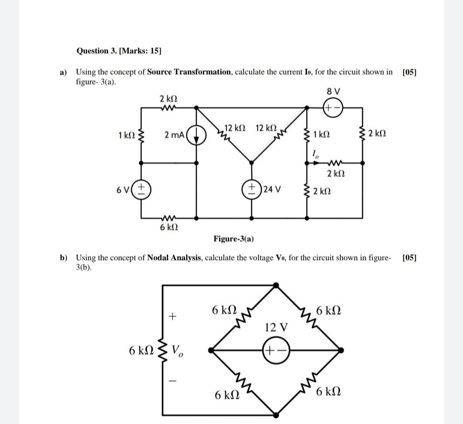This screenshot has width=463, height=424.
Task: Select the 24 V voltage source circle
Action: (x=251, y=189)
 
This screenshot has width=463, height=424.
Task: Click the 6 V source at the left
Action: (x=143, y=189)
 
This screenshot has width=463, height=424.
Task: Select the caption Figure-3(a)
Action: (x=233, y=239)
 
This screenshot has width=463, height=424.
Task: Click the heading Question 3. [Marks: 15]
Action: (x=119, y=51)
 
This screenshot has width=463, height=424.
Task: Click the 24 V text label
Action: (x=272, y=189)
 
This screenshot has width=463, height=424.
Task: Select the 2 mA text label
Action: (x=174, y=135)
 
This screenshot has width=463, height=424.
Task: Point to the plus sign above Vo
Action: (x=173, y=317)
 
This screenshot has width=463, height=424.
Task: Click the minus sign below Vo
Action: (x=173, y=380)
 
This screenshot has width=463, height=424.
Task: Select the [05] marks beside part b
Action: (x=409, y=257)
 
